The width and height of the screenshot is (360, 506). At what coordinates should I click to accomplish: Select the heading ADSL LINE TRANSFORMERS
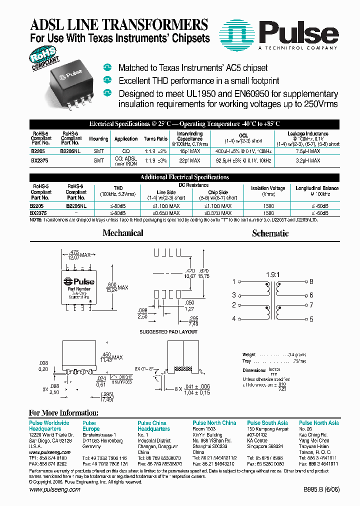pos(119,25)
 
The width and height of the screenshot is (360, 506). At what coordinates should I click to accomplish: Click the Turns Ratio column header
pos(155,138)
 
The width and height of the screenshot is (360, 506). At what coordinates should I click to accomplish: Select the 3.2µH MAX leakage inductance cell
pos(307,160)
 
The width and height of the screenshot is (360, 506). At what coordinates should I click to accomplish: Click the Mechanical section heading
pos(122,233)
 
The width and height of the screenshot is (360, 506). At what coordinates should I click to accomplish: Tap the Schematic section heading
pos(270,233)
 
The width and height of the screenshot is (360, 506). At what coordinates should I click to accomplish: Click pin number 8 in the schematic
pos(311,281)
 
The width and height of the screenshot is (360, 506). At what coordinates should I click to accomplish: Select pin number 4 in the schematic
pos(233,319)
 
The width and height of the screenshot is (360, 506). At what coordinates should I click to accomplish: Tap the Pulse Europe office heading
pos(91,426)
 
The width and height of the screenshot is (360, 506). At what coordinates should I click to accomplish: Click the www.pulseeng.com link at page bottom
pos(54,489)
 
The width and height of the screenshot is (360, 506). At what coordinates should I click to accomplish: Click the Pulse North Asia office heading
pos(318,423)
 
